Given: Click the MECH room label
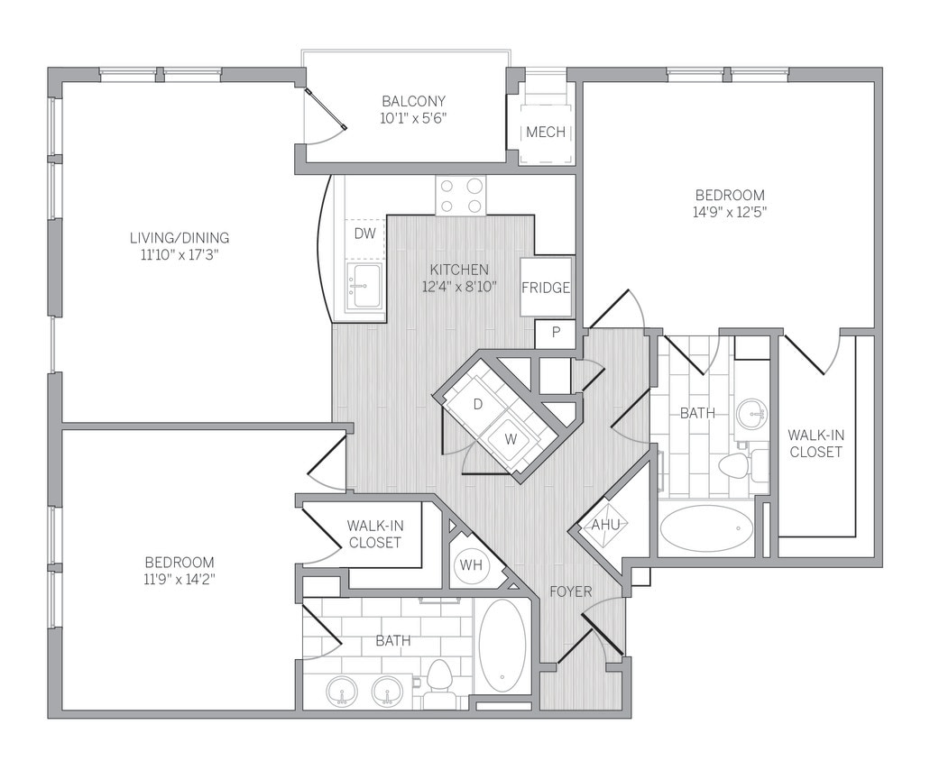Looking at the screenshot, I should (x=546, y=133).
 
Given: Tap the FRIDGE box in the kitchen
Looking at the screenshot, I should (x=546, y=288).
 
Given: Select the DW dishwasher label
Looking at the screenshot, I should (x=364, y=234).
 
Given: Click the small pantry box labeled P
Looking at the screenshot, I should (x=556, y=333).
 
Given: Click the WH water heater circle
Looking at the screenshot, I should (x=471, y=565).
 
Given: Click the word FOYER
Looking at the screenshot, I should (x=571, y=591).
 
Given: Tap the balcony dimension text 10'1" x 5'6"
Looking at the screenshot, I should (x=413, y=118).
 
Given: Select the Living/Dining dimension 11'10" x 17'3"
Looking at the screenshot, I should (x=180, y=254).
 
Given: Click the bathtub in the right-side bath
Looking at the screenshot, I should (x=705, y=528).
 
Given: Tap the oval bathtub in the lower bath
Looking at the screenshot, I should (x=502, y=645).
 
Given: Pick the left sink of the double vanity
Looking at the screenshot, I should (x=343, y=692).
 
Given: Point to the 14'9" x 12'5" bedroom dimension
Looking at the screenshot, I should (x=730, y=212).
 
